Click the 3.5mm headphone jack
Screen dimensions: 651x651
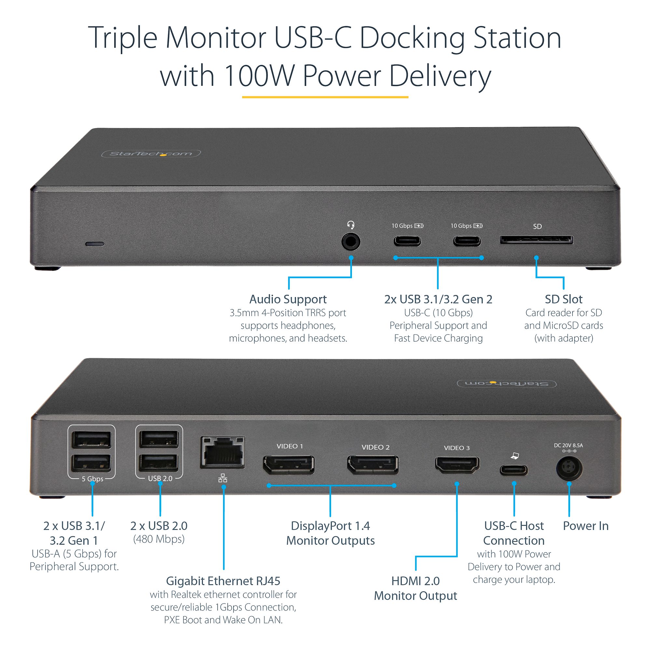(x=351, y=242)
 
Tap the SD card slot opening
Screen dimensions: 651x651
(x=536, y=240)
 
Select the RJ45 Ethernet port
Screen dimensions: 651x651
(x=222, y=452)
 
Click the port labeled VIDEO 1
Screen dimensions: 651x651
(x=289, y=465)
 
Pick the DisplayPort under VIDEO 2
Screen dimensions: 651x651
(x=373, y=465)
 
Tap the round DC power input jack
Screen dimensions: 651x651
(x=569, y=468)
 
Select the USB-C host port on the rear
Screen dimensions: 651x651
(x=514, y=470)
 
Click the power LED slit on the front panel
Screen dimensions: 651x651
(x=95, y=243)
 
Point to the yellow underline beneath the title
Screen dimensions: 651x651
(x=325, y=97)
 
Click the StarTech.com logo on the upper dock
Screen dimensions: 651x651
(x=151, y=154)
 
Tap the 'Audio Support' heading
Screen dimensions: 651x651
(x=288, y=299)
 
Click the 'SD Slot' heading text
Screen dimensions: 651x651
(x=563, y=299)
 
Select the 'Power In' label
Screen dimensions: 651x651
(x=586, y=526)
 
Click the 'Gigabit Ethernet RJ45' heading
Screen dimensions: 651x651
(x=223, y=581)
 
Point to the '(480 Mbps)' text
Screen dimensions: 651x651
(x=159, y=539)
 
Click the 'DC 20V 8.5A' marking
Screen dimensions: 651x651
(x=568, y=446)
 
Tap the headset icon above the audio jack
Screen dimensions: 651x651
(x=351, y=225)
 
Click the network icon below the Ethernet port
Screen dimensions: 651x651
(x=223, y=478)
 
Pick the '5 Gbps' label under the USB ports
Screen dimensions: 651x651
(x=92, y=479)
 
